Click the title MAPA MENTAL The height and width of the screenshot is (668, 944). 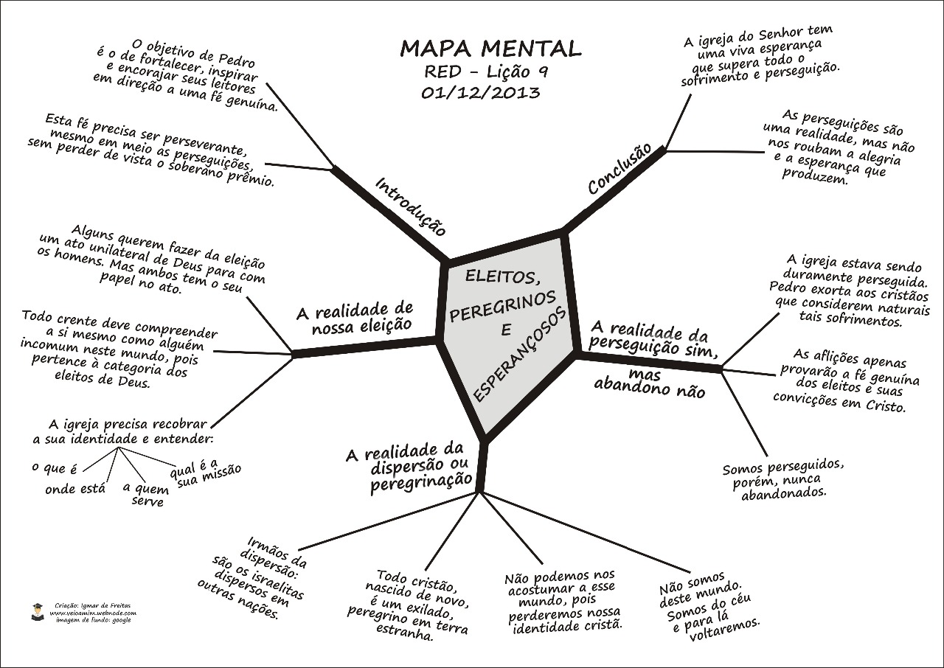point(490,49)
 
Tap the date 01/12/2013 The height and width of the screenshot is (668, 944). point(480,94)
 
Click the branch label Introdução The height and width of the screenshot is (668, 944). point(411,206)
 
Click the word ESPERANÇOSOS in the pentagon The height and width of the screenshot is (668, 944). point(521,354)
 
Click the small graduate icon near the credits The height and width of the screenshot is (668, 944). point(38,611)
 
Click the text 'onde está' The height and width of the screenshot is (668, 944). point(75,488)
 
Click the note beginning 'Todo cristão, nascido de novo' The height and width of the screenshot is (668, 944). point(408,605)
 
